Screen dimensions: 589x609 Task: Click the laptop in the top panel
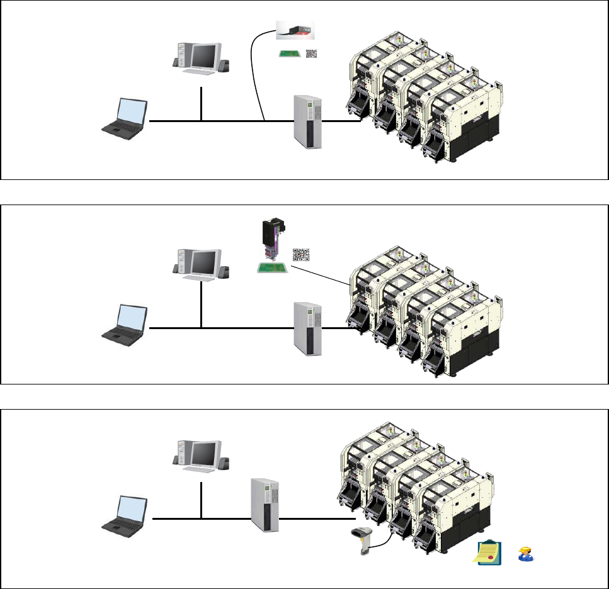point(126,117)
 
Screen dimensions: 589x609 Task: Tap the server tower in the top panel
point(308,121)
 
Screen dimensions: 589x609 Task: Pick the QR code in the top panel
point(312,54)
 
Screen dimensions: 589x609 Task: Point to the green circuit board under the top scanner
point(289,53)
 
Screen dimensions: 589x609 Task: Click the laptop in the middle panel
point(126,323)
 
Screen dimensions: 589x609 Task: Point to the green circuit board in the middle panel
point(272,267)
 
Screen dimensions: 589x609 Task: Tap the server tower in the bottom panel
point(264,505)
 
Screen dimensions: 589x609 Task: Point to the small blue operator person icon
point(525,554)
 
